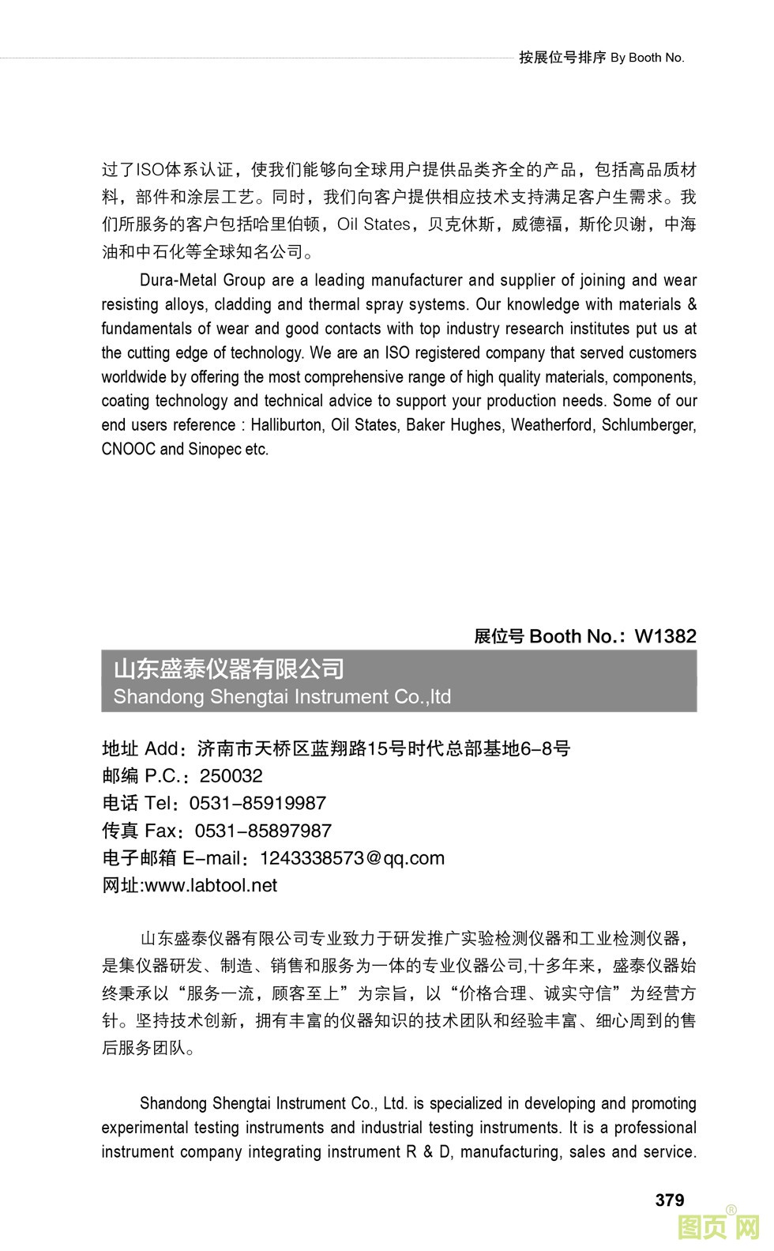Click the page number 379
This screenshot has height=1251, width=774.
tap(669, 1200)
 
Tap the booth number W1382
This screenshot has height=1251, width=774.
tap(665, 636)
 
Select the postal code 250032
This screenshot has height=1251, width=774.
tap(231, 776)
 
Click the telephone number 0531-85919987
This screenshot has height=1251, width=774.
tap(257, 804)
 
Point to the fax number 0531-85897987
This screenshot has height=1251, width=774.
tap(263, 831)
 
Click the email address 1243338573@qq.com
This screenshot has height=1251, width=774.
tap(351, 858)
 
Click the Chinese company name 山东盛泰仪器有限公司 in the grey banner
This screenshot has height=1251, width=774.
tap(229, 669)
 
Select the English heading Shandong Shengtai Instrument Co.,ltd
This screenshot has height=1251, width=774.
tap(282, 697)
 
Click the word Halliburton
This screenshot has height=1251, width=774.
tap(287, 425)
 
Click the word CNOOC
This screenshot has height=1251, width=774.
tap(128, 450)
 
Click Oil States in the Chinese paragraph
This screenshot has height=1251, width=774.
tap(373, 224)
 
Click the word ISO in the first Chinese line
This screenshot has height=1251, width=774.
tap(150, 170)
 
